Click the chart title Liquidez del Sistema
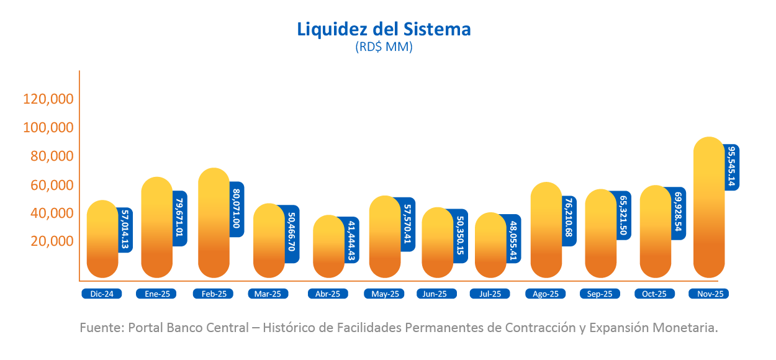pyautogui.click(x=384, y=29)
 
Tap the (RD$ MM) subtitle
pyautogui.click(x=384, y=47)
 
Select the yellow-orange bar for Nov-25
pyautogui.click(x=708, y=207)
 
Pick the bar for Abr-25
pyautogui.click(x=328, y=246)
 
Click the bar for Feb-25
pyautogui.click(x=214, y=223)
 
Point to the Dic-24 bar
pyautogui.click(x=102, y=239)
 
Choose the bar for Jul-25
pyautogui.click(x=490, y=245)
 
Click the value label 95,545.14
pyautogui.click(x=731, y=167)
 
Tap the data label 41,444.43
pyautogui.click(x=351, y=241)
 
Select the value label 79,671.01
pyautogui.click(x=180, y=218)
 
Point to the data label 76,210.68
pyautogui.click(x=570, y=221)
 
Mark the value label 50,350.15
pyautogui.click(x=461, y=236)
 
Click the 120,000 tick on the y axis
pyautogui.click(x=48, y=99)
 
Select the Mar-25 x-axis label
pyautogui.click(x=268, y=294)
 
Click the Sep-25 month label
pyautogui.click(x=600, y=294)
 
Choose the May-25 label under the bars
pyautogui.click(x=385, y=294)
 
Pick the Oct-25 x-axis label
pyautogui.click(x=654, y=294)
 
